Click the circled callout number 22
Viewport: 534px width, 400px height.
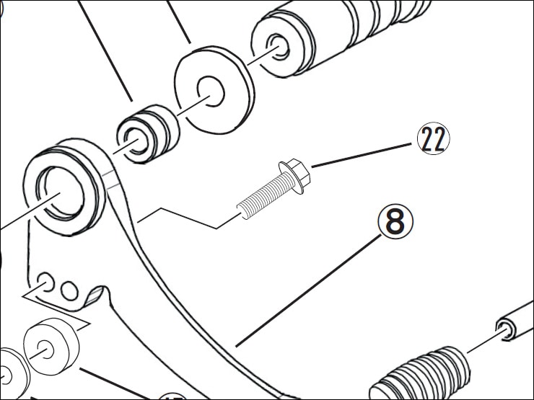(x=432, y=140)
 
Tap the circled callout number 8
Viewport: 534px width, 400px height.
(x=395, y=223)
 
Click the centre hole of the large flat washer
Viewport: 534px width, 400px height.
(x=212, y=92)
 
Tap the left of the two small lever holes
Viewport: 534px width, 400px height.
(x=45, y=280)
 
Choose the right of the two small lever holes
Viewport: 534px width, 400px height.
(x=69, y=290)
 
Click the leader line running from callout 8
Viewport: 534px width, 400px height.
(x=310, y=288)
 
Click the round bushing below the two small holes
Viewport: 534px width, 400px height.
(x=51, y=345)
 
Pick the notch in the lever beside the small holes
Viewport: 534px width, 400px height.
(x=97, y=295)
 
